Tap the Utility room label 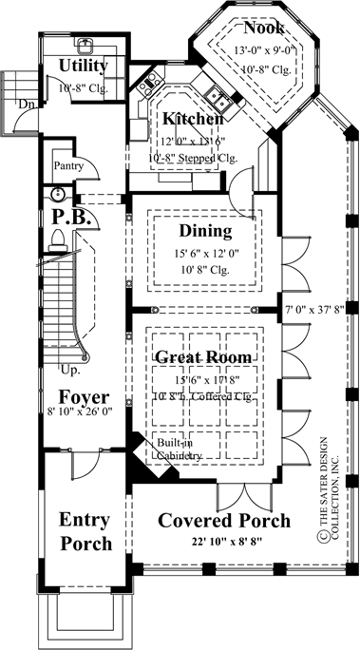[84, 67]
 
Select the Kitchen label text [193, 119]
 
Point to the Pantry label [69, 166]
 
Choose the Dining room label [205, 231]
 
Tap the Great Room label [205, 358]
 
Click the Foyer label [82, 396]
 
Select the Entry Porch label [85, 532]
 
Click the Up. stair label [70, 368]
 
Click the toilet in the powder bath [57, 237]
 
